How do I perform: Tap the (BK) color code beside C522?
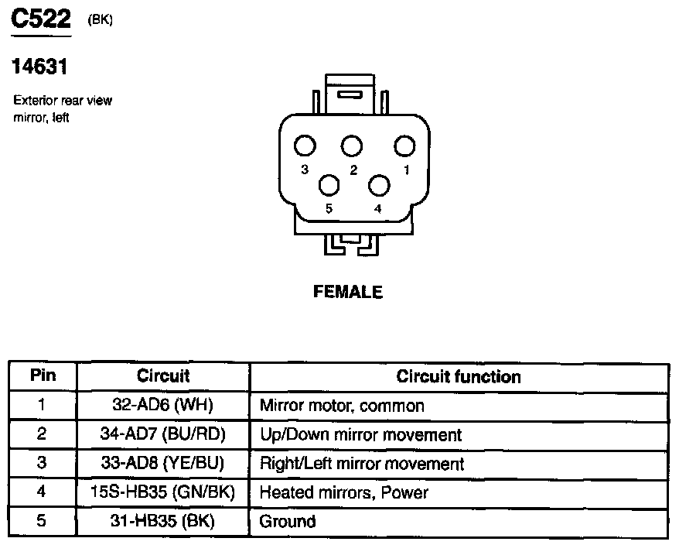pyautogui.click(x=101, y=21)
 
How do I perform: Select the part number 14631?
pyautogui.click(x=39, y=67)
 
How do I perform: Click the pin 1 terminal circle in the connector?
pyautogui.click(x=405, y=146)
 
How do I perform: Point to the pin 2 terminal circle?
pyautogui.click(x=352, y=146)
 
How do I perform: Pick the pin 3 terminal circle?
pyautogui.click(x=305, y=146)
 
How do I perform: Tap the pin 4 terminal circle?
pyautogui.click(x=379, y=186)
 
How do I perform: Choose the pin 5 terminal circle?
pyautogui.click(x=329, y=186)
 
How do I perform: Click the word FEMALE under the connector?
pyautogui.click(x=348, y=292)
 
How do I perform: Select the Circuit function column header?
pyautogui.click(x=458, y=377)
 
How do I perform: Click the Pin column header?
pyautogui.click(x=43, y=376)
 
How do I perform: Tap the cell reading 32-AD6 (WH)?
pyautogui.click(x=162, y=405)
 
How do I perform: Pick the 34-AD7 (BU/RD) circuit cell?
pyautogui.click(x=162, y=434)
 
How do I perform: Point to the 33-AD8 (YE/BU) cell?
pyautogui.click(x=162, y=464)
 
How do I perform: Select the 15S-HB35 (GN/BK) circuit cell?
pyautogui.click(x=162, y=492)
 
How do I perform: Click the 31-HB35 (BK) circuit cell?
pyautogui.click(x=162, y=521)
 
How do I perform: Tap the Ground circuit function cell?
pyautogui.click(x=288, y=521)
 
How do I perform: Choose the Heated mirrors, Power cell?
pyautogui.click(x=343, y=492)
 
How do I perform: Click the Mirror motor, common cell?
pyautogui.click(x=342, y=405)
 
